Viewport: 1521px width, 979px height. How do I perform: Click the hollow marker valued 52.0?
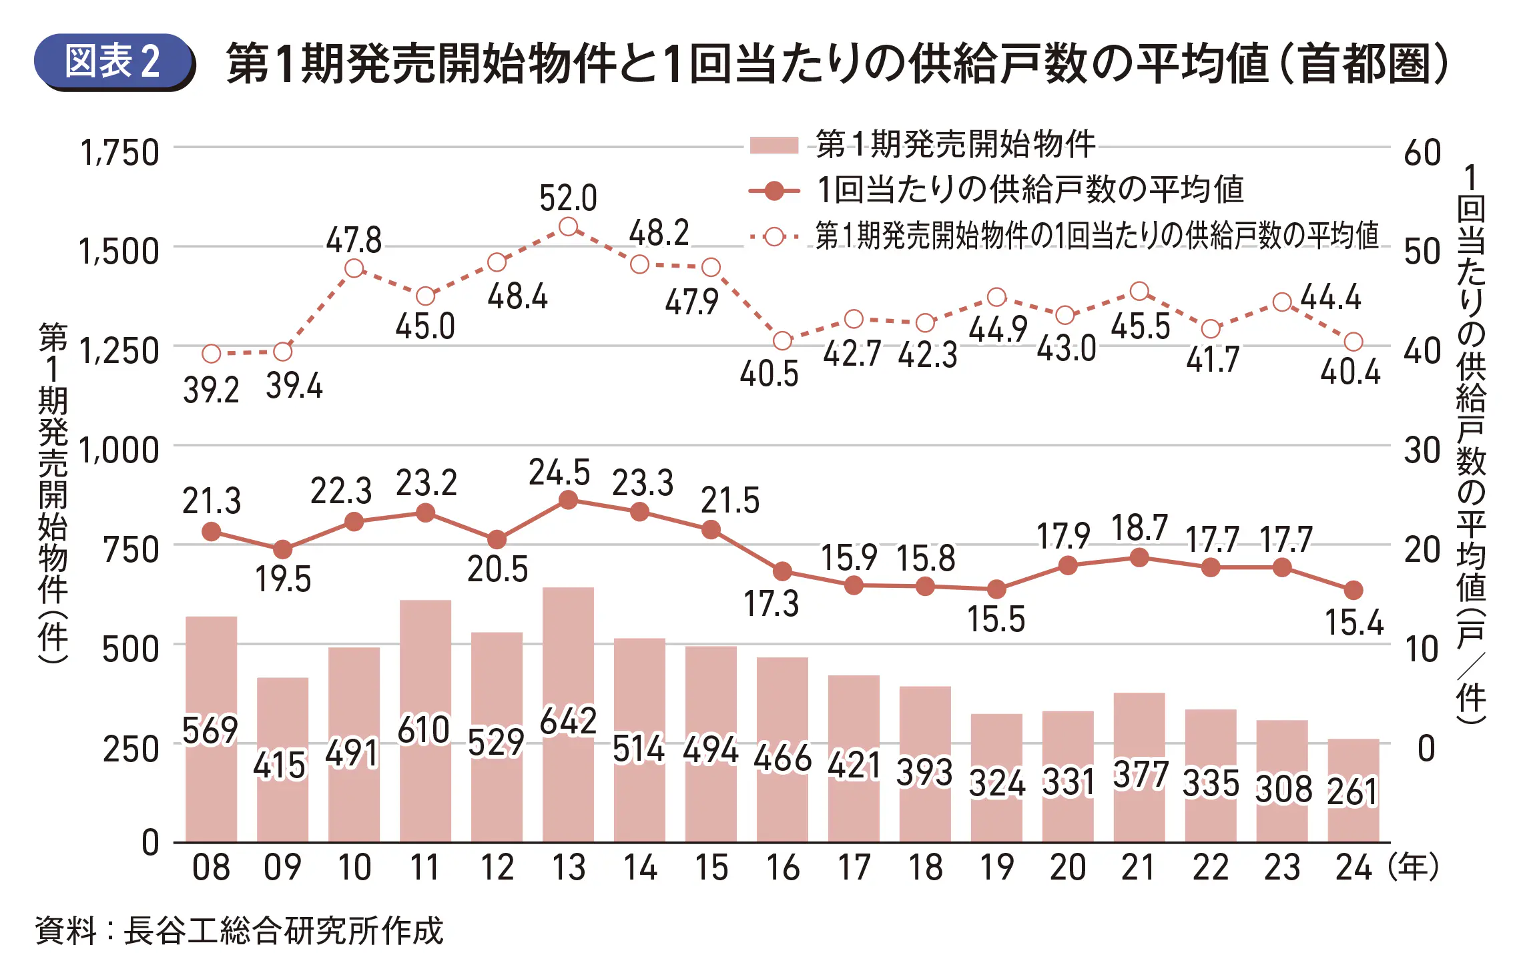(x=568, y=227)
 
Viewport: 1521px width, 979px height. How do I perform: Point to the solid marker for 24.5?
(x=568, y=500)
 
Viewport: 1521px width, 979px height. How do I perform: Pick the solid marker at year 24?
(x=1353, y=590)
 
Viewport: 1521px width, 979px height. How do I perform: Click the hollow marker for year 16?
(x=782, y=341)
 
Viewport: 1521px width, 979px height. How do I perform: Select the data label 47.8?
(x=354, y=240)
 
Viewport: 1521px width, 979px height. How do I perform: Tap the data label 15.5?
(x=996, y=619)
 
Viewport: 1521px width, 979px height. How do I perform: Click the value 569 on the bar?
(x=210, y=730)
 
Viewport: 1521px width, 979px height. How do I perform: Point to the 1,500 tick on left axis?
(x=119, y=252)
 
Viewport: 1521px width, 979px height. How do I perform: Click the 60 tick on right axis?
(x=1422, y=153)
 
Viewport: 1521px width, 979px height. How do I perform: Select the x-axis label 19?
(x=996, y=868)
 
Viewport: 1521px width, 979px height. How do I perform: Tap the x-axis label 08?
(x=211, y=868)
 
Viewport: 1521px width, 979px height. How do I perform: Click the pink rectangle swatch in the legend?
(x=774, y=145)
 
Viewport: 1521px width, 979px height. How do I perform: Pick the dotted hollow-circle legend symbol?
(x=774, y=236)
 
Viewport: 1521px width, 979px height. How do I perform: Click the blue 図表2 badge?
(x=113, y=62)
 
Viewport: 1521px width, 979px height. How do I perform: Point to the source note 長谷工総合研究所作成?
(x=284, y=930)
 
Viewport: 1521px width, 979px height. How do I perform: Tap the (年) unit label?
(x=1413, y=868)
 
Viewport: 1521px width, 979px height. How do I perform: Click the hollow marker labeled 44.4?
(x=1281, y=302)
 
